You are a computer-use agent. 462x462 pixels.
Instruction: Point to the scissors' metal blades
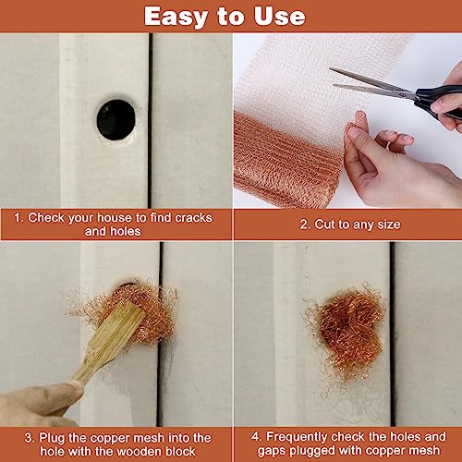point(370,81)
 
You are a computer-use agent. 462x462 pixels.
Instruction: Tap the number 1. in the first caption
point(18,218)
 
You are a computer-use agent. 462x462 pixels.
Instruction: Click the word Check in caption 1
point(47,218)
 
